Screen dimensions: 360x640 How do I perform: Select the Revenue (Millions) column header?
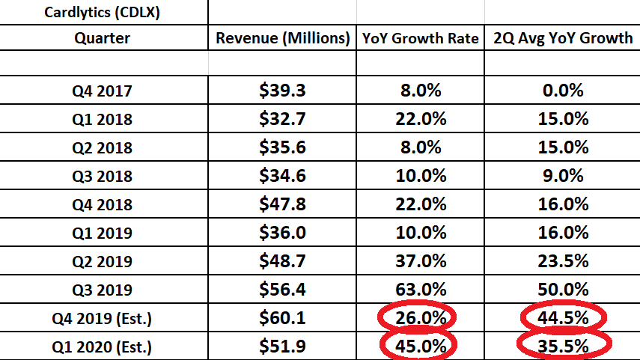pos(283,38)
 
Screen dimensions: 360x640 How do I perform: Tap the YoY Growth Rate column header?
pos(421,38)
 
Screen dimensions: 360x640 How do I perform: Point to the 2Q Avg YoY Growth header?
pos(561,38)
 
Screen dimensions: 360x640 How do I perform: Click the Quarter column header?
pos(104,38)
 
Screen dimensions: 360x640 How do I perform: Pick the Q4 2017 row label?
pos(104,91)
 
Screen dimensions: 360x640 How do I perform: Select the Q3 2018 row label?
pos(104,176)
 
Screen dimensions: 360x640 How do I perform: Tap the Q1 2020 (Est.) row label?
pos(104,346)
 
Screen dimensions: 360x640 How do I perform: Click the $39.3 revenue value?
pos(283,91)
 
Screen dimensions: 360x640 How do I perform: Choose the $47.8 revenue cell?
pos(283,204)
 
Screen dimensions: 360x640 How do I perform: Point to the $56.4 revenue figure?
pos(283,290)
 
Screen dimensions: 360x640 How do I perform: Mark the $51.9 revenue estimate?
pos(283,346)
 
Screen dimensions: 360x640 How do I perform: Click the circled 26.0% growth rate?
pos(420,318)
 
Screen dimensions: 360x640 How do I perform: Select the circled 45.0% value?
pos(420,346)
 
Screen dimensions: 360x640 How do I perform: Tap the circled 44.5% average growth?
pos(561,318)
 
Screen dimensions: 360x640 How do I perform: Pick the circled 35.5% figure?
pos(561,346)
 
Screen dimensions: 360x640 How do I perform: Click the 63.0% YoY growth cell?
pos(420,290)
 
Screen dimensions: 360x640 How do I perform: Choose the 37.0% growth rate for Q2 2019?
pos(420,261)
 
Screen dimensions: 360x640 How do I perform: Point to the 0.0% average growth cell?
pos(561,91)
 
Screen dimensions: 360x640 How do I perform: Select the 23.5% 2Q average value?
pos(561,261)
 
